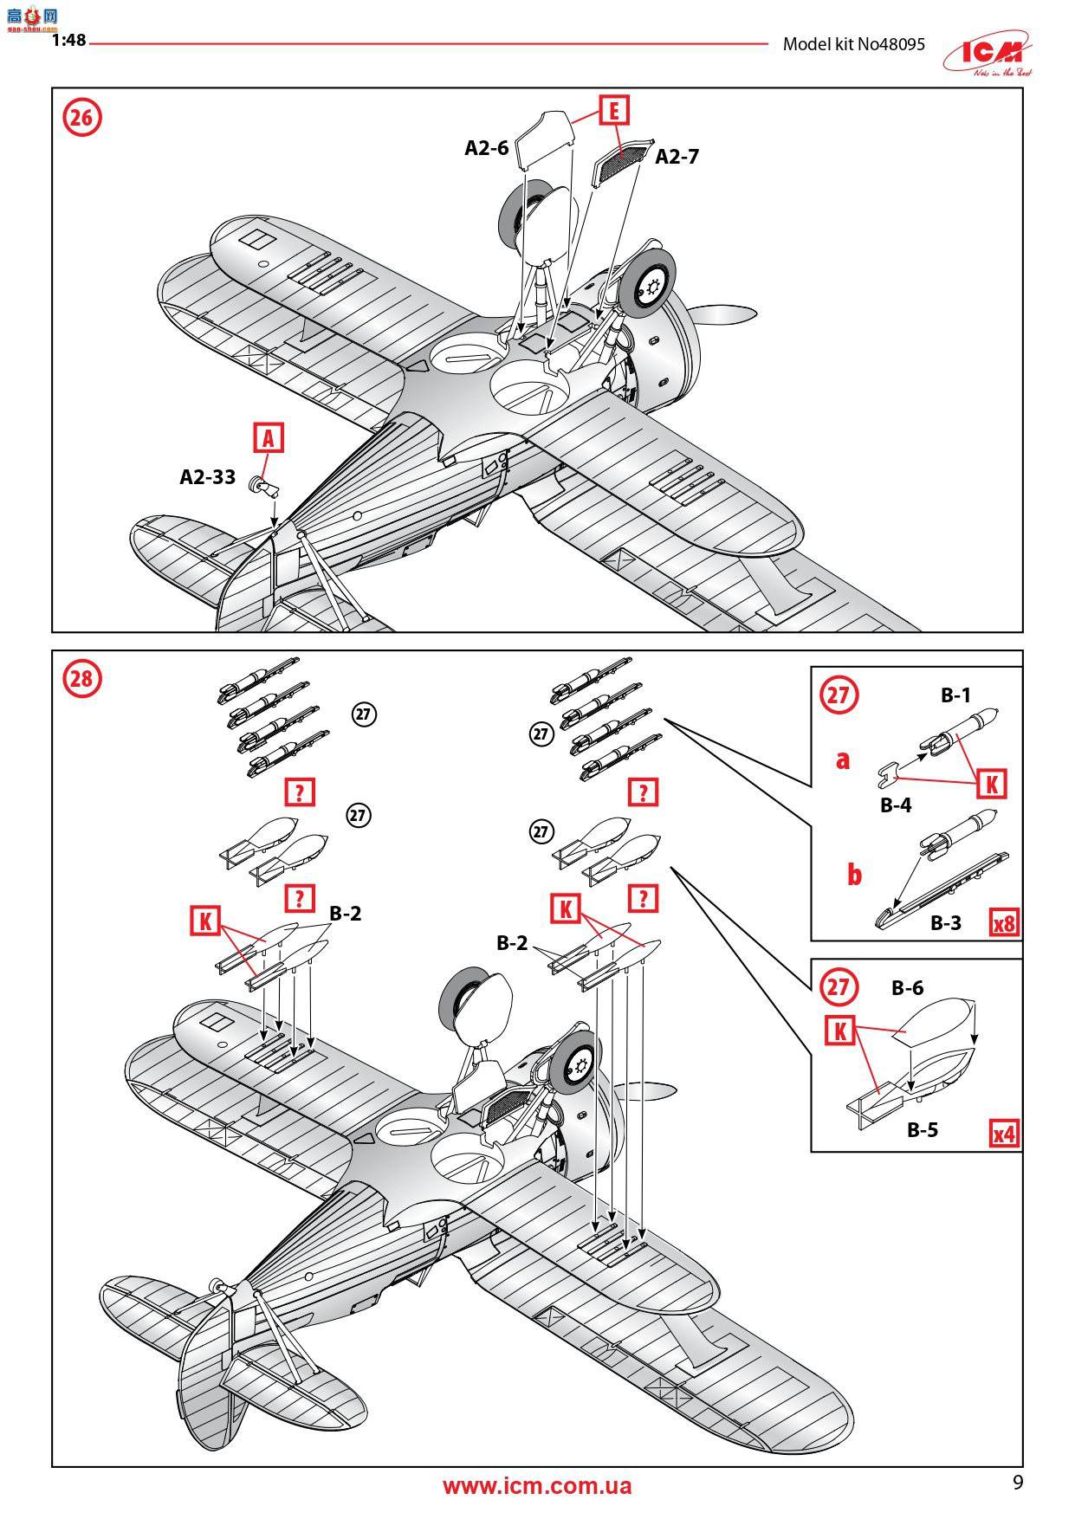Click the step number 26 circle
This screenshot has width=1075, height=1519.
pyautogui.click(x=81, y=118)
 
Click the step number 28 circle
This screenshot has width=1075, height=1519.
pyautogui.click(x=81, y=678)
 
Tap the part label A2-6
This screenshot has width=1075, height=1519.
pyautogui.click(x=486, y=148)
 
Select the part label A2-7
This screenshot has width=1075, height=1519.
pyautogui.click(x=677, y=157)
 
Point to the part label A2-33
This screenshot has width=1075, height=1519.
pyautogui.click(x=207, y=477)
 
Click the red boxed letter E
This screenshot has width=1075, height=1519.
pyautogui.click(x=613, y=111)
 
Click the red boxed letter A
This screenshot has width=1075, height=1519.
pyautogui.click(x=269, y=438)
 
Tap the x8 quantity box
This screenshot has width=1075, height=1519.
pyautogui.click(x=1004, y=923)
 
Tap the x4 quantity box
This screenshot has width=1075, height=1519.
pyautogui.click(x=1004, y=1133)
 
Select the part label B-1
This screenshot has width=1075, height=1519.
pyautogui.click(x=955, y=695)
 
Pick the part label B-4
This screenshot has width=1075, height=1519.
pyautogui.click(x=896, y=805)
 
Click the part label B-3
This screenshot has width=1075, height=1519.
pyautogui.click(x=946, y=923)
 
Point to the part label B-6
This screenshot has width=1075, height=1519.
pyautogui.click(x=907, y=988)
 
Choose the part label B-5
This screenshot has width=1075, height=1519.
pyautogui.click(x=923, y=1129)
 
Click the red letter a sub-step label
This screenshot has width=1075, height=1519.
pyautogui.click(x=842, y=760)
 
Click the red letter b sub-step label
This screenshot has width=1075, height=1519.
pyautogui.click(x=854, y=875)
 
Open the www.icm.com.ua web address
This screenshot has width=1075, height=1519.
pyautogui.click(x=537, y=1486)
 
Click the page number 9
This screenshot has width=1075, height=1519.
pyautogui.click(x=1018, y=1483)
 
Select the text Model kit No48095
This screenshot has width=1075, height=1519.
pyautogui.click(x=853, y=44)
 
